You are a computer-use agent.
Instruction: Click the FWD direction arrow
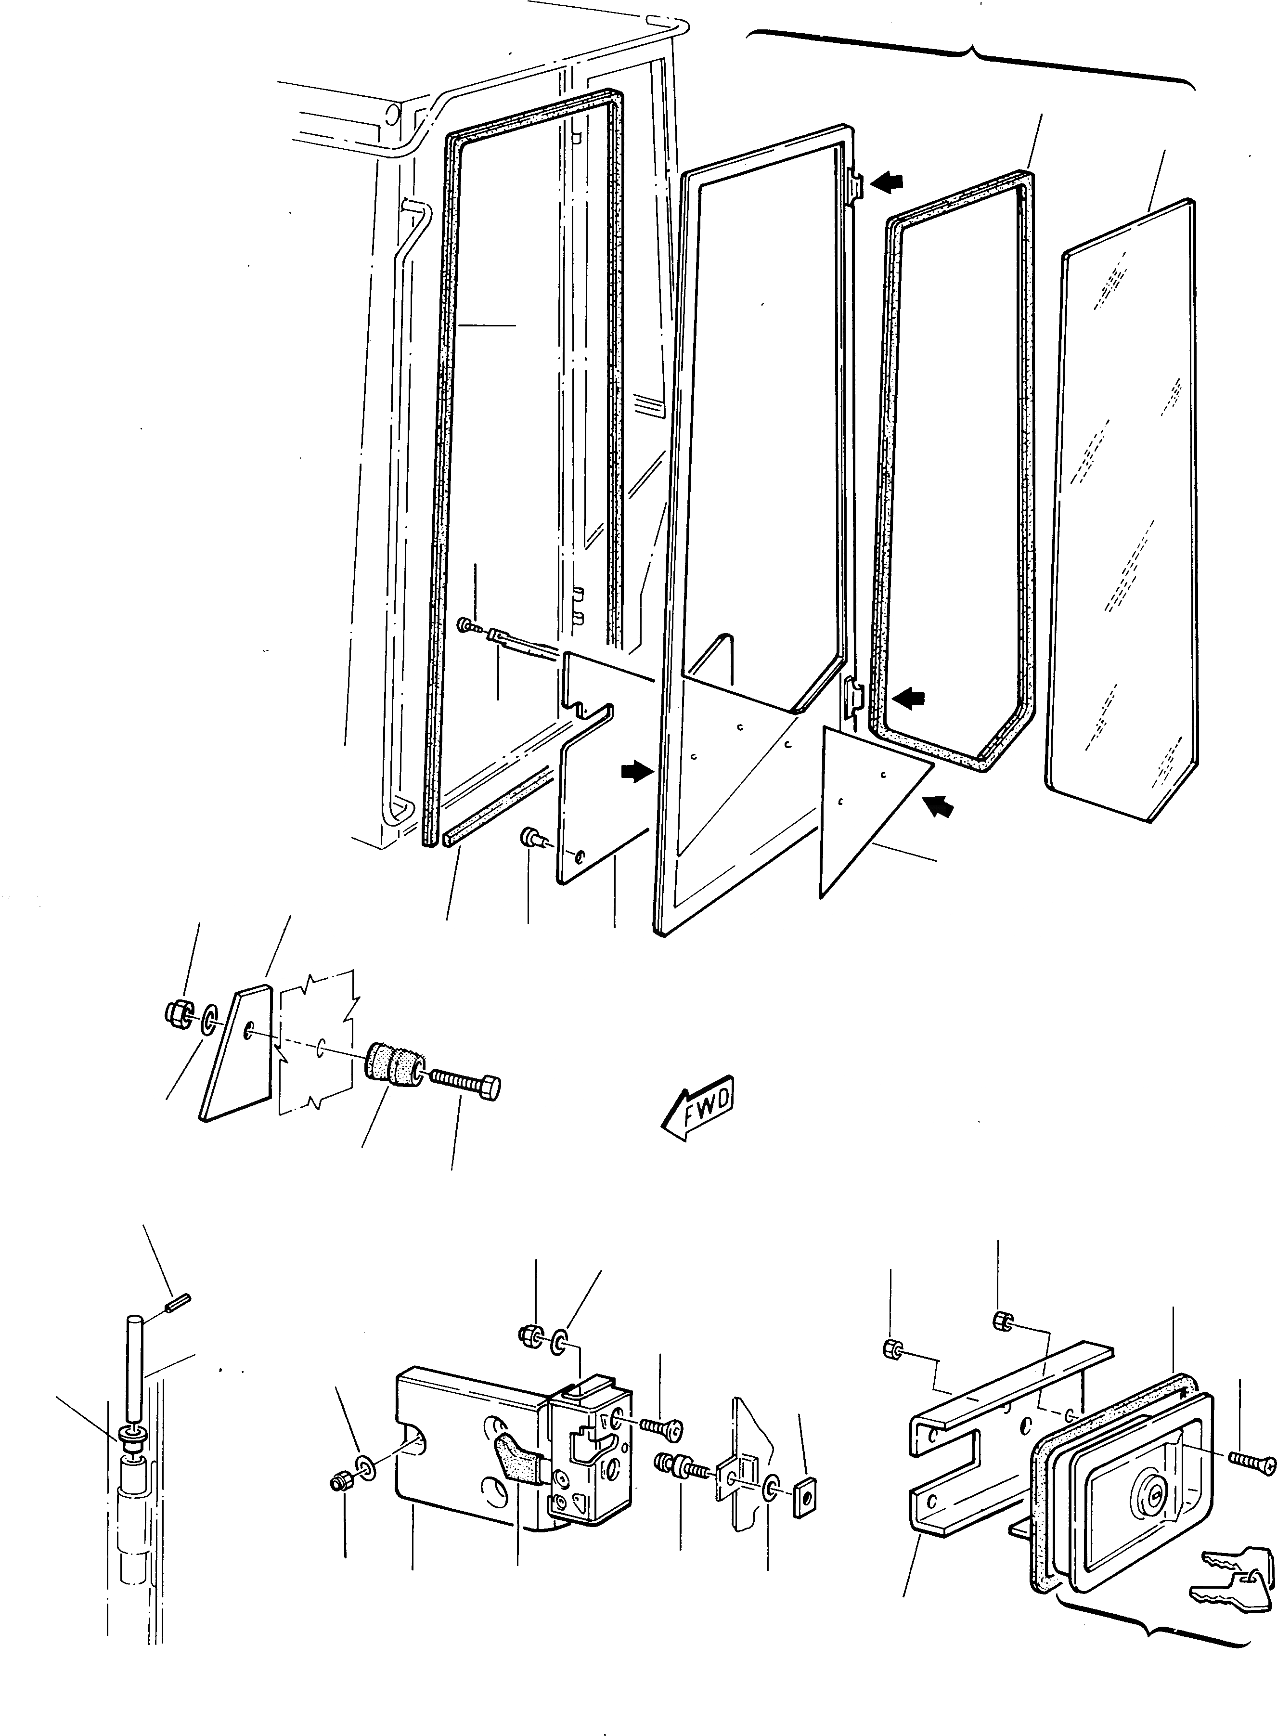(x=698, y=1105)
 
